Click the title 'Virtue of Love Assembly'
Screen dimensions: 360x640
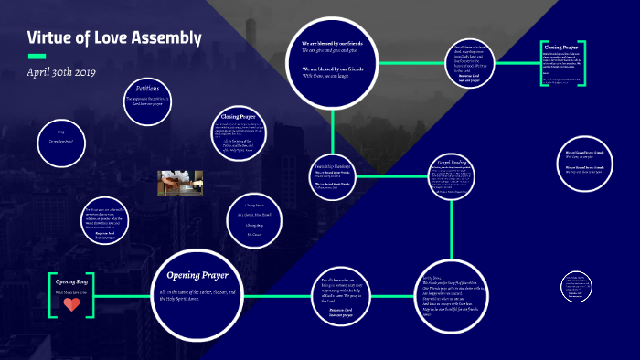[x=114, y=38]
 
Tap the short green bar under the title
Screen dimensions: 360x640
[x=37, y=56]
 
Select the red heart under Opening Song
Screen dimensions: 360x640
[x=71, y=304]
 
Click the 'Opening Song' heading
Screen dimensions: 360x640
[x=71, y=281]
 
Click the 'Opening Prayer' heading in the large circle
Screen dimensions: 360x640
[x=203, y=275]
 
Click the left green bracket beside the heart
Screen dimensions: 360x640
[x=52, y=293]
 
